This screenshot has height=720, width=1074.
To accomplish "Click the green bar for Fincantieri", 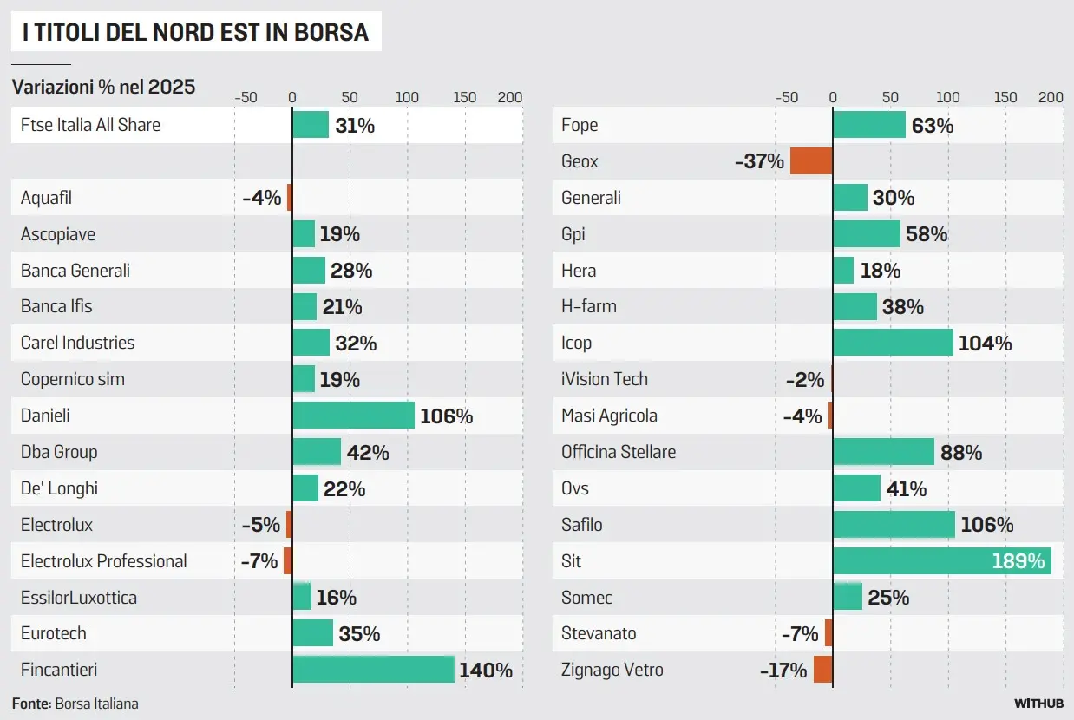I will coord(373,670).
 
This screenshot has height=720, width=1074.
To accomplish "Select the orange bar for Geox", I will coord(811,161).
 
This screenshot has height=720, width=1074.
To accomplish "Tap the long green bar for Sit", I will coord(941,561).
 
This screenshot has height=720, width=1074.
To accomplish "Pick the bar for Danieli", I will coord(353,416).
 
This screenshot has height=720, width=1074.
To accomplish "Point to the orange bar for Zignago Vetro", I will coord(822,670).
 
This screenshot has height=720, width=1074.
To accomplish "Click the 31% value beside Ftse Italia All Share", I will coord(355,126).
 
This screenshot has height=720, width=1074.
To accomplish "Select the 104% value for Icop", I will coord(985,344).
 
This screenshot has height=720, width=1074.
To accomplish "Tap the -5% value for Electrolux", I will coord(261,525).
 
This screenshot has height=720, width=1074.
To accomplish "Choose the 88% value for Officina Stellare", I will coord(961,453).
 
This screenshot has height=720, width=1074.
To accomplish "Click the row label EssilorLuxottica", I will coord(79,598).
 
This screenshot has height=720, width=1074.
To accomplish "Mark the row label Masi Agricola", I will coord(609,416).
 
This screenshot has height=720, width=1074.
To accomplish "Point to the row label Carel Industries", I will coord(78,343).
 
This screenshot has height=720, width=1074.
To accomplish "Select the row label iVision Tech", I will coord(605,379).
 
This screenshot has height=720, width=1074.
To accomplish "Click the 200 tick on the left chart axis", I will coord(509,97).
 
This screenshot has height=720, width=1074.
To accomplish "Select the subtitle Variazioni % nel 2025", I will coord(103,87).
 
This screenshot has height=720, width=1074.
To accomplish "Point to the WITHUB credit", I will coord(1038,704).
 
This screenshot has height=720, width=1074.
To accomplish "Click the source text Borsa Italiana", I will coord(96,704).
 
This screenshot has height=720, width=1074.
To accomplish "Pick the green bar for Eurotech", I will coord(312,633).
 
